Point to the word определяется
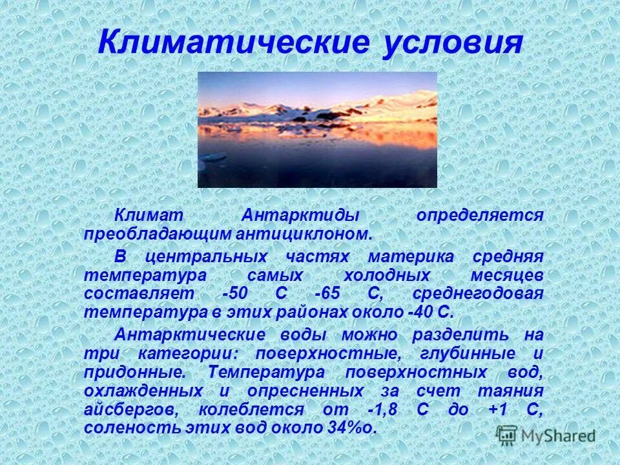coord(479,215)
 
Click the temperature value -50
coord(234,293)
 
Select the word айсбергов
coord(136,409)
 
